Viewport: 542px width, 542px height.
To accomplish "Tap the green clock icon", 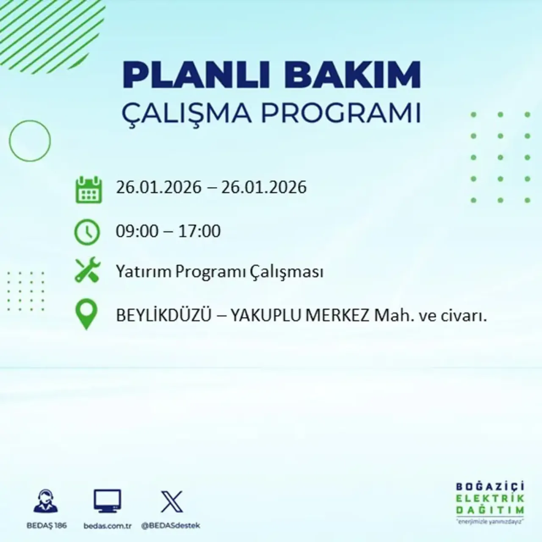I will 87,232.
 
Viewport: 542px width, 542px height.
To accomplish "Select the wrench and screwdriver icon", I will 87,271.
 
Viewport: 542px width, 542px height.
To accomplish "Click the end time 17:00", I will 199,231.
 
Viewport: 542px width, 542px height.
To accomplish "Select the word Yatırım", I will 144,272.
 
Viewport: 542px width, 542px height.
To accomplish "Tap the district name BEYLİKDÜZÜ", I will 163,316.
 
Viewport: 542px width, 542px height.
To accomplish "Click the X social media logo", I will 171,502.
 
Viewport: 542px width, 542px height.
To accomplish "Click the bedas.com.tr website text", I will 108,525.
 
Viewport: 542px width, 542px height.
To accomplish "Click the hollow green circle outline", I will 30,141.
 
